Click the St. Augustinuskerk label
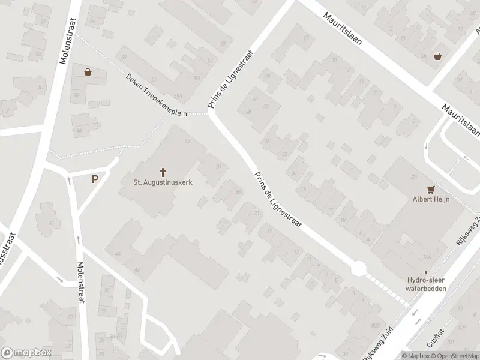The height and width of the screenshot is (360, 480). pyautogui.click(x=163, y=182)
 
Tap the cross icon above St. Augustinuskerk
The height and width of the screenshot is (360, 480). pyautogui.click(x=163, y=172)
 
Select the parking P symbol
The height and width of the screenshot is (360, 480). pyautogui.click(x=95, y=179)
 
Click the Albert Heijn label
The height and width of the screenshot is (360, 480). pyautogui.click(x=431, y=200)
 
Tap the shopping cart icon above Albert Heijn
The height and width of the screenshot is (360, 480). pyautogui.click(x=431, y=189)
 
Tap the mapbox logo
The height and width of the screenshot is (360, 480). pyautogui.click(x=26, y=352)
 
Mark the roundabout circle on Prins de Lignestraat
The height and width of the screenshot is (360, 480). pyautogui.click(x=359, y=269)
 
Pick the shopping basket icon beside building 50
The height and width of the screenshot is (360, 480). pyautogui.click(x=88, y=73)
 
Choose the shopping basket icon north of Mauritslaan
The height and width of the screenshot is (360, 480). pyautogui.click(x=439, y=56)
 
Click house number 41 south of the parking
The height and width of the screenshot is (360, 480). pyautogui.click(x=51, y=223)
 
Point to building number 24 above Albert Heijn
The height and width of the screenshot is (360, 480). pyautogui.click(x=414, y=176)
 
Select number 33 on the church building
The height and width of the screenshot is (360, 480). pyautogui.click(x=187, y=141)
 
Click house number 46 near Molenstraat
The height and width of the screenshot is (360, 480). pyautogui.click(x=79, y=130)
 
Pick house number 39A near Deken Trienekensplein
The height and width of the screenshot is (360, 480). pyautogui.click(x=178, y=96)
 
